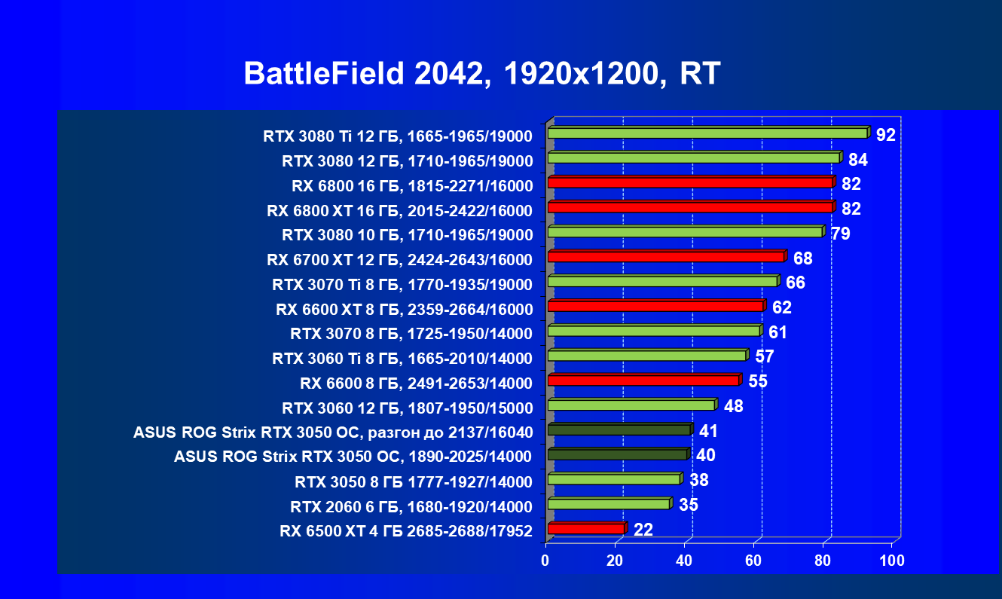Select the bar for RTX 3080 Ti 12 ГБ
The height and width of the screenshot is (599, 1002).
tap(707, 133)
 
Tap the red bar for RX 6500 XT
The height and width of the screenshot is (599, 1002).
tap(585, 529)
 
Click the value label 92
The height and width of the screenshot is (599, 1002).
tap(885, 135)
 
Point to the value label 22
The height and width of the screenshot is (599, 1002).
tap(643, 530)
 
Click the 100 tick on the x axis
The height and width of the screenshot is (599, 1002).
tap(892, 561)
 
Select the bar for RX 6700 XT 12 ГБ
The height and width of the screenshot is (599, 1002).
tap(665, 257)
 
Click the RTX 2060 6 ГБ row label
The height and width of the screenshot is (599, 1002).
tap(411, 506)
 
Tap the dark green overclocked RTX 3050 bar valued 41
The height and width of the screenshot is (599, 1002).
tap(619, 430)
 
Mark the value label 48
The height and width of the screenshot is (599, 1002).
tap(733, 407)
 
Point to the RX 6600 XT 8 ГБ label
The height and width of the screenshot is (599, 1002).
tap(405, 309)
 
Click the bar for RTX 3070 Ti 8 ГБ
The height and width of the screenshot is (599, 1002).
tap(661, 282)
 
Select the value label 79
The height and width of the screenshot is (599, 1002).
tap(841, 234)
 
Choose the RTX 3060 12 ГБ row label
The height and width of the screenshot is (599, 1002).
tap(407, 408)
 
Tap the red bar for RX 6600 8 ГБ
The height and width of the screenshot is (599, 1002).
tap(643, 380)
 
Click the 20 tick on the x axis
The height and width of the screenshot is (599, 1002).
tap(615, 561)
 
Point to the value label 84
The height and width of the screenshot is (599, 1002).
tap(858, 160)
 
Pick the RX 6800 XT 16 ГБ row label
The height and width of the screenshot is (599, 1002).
tap(399, 210)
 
